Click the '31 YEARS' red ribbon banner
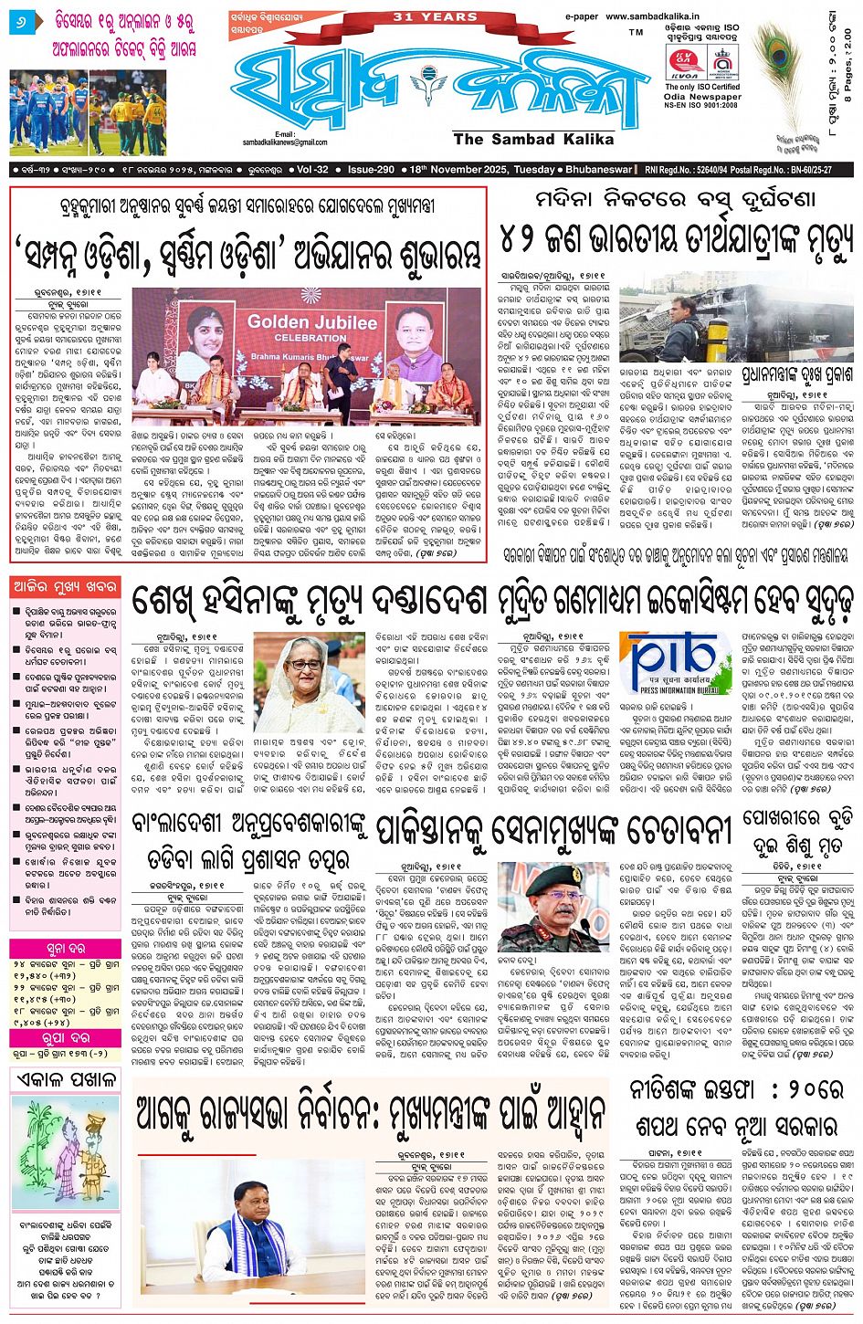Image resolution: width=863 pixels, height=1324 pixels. click(x=435, y=17)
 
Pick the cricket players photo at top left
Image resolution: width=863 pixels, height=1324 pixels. click(x=88, y=110)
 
